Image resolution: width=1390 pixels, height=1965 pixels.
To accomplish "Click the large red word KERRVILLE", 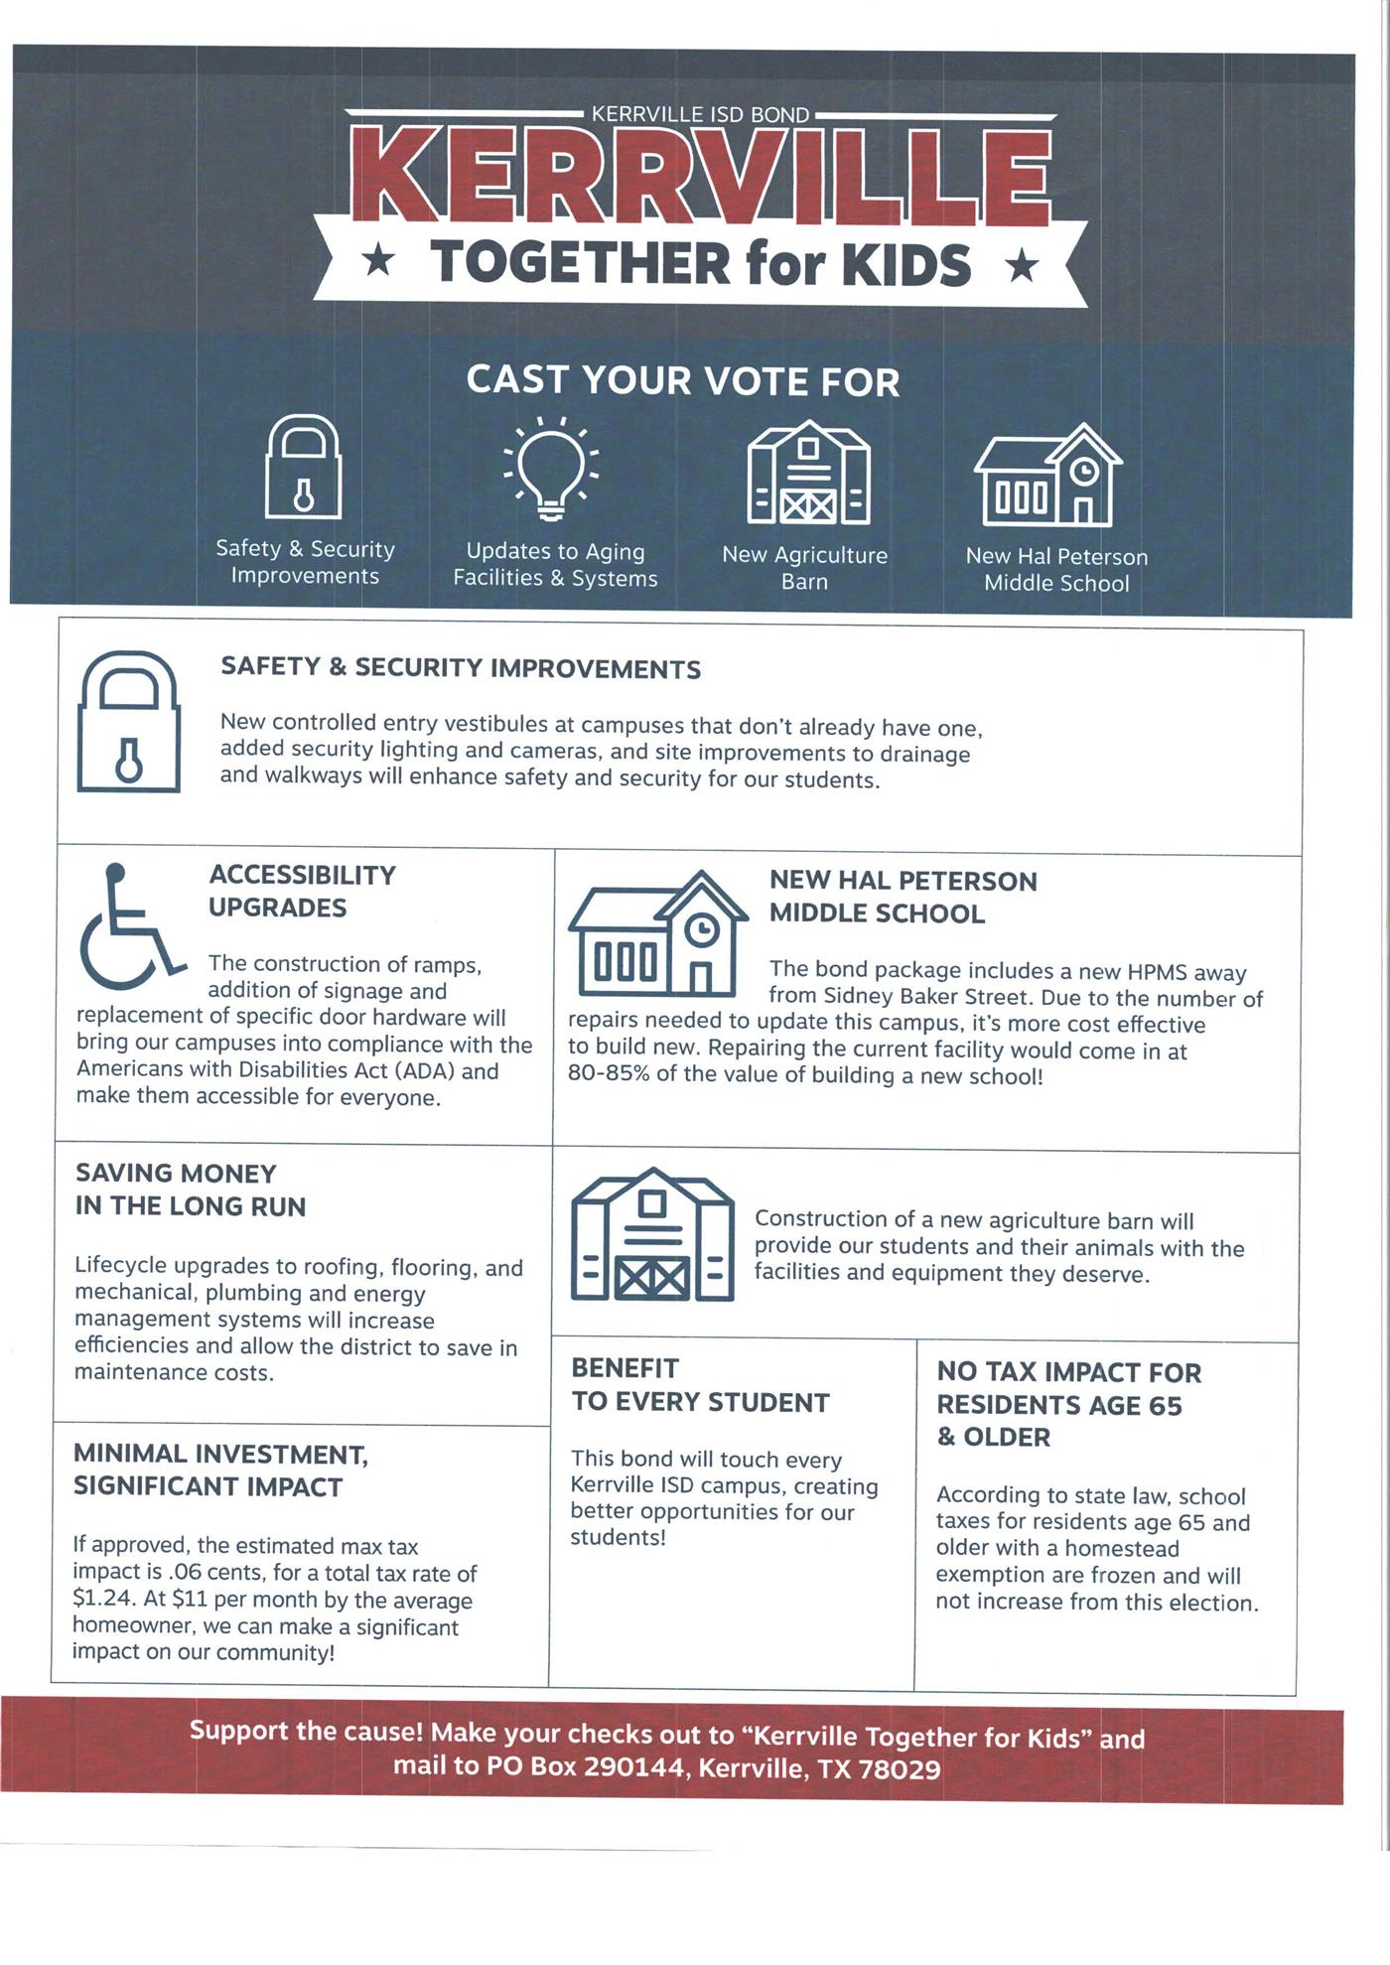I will click(701, 175).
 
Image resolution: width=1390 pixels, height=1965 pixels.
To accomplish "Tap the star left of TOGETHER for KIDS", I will click(377, 262).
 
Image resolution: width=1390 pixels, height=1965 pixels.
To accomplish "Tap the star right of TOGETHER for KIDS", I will click(1022, 266).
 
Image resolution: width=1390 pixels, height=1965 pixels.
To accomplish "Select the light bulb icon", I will click(551, 468).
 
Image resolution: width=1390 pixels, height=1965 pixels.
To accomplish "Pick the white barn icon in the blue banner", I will click(808, 473).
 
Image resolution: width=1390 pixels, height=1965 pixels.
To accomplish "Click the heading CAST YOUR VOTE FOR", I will click(683, 380).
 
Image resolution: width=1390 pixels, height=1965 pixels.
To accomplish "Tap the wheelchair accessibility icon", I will click(129, 926).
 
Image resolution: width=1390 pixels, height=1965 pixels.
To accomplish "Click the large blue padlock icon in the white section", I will click(129, 722).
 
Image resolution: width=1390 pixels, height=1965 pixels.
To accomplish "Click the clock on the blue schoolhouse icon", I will click(702, 928).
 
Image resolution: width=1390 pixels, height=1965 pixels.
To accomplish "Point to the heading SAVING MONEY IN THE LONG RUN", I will click(191, 1190).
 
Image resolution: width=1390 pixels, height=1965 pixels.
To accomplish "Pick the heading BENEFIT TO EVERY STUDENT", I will click(700, 1385).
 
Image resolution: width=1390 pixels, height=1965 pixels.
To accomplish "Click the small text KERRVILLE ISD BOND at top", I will click(700, 114).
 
